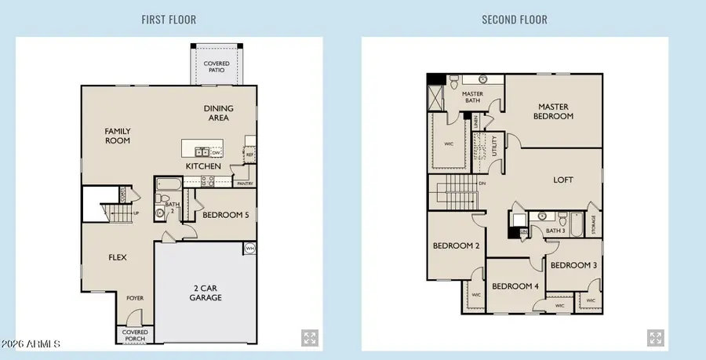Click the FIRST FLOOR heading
click(x=169, y=20)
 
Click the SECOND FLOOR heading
click(x=515, y=20)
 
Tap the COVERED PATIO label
click(x=217, y=66)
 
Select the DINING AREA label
click(x=217, y=114)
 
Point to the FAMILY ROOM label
click(x=118, y=136)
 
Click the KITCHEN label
click(x=202, y=167)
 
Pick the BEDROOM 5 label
click(x=225, y=214)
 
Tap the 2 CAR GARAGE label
click(x=206, y=293)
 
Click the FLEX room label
click(x=117, y=257)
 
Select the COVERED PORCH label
click(x=135, y=335)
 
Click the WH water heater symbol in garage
click(x=249, y=249)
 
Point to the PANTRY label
click(x=245, y=184)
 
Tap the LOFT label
click(x=563, y=180)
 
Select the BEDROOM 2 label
click(x=456, y=245)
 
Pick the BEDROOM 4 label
click(x=515, y=286)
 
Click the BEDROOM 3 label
click(x=573, y=265)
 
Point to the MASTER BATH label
click(x=472, y=97)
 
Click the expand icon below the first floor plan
click(x=310, y=338)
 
